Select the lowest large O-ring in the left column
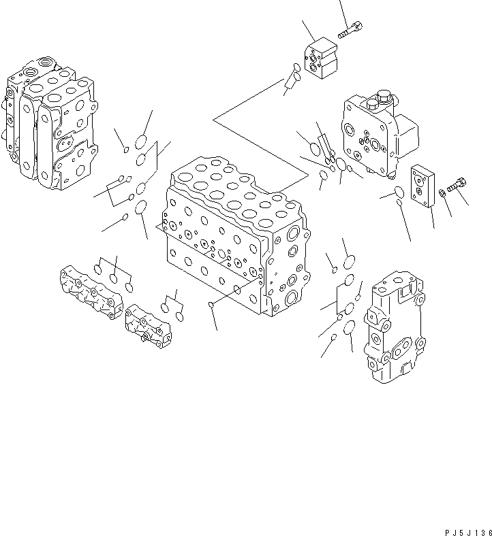coord(140,207)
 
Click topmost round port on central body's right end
coord(293,235)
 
